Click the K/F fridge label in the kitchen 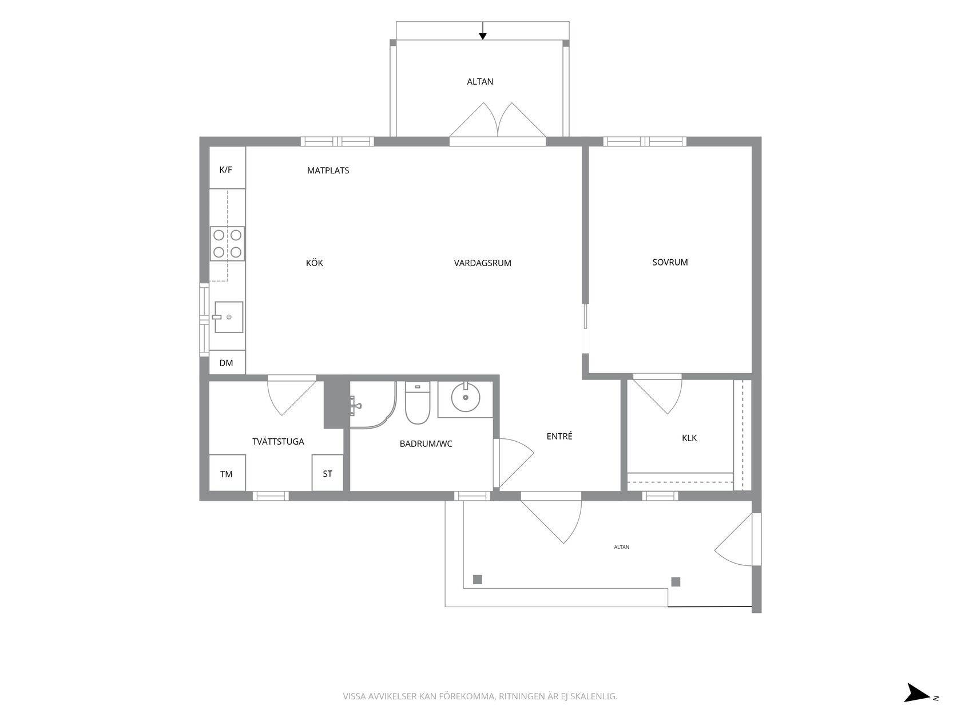tap(225, 170)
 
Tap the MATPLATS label tap(328, 171)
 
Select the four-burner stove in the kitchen tap(227, 244)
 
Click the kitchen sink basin tap(229, 317)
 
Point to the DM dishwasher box tap(227, 362)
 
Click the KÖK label tap(315, 263)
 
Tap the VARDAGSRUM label tap(482, 263)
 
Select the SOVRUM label tap(670, 262)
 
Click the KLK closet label tap(689, 438)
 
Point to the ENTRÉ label tap(559, 436)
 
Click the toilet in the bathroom tap(418, 403)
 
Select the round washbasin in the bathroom tap(466, 398)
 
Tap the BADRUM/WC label tap(426, 444)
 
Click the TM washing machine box tap(227, 473)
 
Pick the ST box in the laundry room tap(328, 473)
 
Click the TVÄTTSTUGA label tap(278, 441)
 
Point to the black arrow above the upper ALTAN tap(482, 31)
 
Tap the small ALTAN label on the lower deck tap(622, 547)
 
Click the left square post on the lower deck tap(478, 580)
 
